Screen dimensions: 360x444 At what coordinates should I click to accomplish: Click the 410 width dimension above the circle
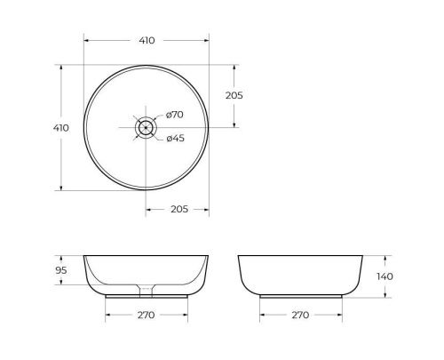point(147,41)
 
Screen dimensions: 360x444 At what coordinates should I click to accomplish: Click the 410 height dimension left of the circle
point(60,127)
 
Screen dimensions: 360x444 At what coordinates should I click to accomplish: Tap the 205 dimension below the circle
point(178,209)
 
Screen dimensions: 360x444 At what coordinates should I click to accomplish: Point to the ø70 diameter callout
point(174,115)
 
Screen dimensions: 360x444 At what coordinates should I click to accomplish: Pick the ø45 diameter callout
point(174,137)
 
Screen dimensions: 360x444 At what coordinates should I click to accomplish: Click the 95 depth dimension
point(61,270)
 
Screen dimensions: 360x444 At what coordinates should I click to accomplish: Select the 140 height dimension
point(384,276)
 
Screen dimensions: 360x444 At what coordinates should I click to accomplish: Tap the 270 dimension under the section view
point(147,315)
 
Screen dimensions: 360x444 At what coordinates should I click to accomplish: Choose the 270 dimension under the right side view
point(300,315)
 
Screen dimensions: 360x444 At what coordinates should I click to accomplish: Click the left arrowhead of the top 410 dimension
point(86,41)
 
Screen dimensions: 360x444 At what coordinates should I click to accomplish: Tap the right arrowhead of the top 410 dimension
point(207,41)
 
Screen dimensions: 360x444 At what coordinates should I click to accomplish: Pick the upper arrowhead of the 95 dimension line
point(61,259)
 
